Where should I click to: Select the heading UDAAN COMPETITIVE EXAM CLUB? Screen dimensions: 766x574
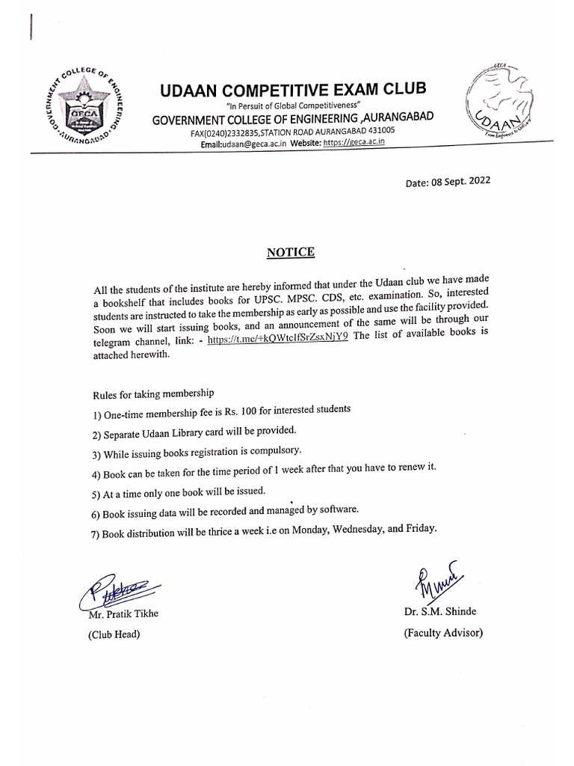pos(293,91)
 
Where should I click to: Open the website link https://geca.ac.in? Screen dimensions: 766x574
pos(354,142)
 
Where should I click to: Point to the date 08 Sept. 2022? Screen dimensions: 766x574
pos(448,181)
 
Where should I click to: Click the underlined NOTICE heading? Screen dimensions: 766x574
pos(291,252)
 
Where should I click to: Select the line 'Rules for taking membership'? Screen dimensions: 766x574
pos(153,393)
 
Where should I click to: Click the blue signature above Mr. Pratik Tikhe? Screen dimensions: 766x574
pos(113,592)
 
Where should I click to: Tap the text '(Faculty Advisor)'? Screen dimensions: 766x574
pos(443,633)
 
